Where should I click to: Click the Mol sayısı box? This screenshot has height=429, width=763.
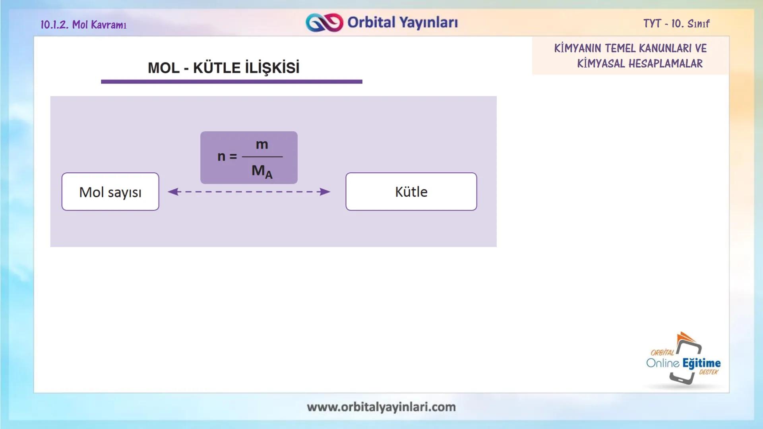click(110, 192)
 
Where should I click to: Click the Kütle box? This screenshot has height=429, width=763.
click(411, 192)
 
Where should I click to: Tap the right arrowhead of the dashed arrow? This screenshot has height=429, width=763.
click(325, 192)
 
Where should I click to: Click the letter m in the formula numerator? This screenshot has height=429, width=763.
click(262, 145)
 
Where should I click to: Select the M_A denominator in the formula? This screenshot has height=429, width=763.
click(262, 171)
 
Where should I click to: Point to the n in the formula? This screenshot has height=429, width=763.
click(221, 157)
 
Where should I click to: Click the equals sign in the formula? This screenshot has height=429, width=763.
click(233, 157)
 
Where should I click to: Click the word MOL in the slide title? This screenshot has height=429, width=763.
click(164, 68)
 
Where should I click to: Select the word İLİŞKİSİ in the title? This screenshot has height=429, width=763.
click(272, 68)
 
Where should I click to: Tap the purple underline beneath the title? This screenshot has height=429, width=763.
click(231, 81)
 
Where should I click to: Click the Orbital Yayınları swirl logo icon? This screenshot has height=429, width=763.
click(324, 23)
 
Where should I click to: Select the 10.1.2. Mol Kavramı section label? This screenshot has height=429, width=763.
click(83, 25)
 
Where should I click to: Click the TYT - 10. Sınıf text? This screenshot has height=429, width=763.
click(676, 24)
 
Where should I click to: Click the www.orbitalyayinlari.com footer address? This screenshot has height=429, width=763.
click(381, 407)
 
